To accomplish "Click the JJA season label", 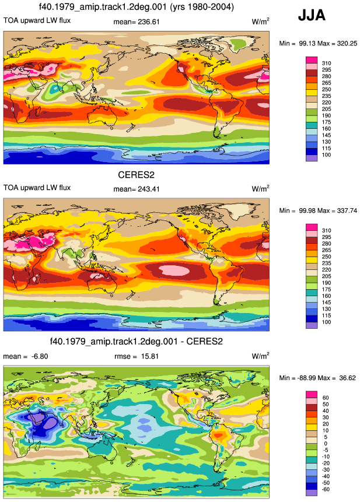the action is tap(312, 15).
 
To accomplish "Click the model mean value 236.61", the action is tap(148, 22).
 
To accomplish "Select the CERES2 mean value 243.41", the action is tap(148, 189).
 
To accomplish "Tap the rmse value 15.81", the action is tap(149, 356).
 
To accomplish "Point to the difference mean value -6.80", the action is tap(40, 356).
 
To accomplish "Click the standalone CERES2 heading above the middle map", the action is tap(136, 175).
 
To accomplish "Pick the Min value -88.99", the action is tap(306, 378).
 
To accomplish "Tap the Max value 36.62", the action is tap(347, 378).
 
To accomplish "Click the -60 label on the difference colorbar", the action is tap(326, 489).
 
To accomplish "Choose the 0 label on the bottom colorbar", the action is tap(326, 444).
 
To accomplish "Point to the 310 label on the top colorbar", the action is tap(326, 64).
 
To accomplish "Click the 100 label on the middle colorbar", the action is tap(326, 322).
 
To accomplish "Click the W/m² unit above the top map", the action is tap(260, 22).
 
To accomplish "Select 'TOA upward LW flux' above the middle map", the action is tap(37, 188).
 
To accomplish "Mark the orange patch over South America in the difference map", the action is tap(219, 436).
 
